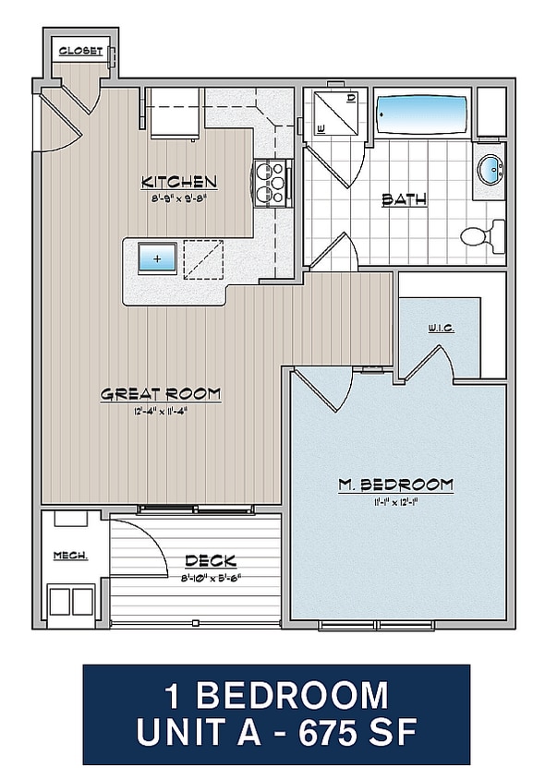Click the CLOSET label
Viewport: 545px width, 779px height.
point(80,51)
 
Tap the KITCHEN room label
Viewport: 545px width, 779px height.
point(178,182)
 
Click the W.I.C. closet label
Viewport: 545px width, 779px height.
point(441,329)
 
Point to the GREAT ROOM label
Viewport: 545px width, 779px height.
point(161,394)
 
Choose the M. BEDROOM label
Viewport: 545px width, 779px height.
point(394,485)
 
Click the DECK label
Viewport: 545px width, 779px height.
point(210,560)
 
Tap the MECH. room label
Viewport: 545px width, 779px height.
point(70,556)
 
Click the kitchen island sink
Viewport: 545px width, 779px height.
point(156,258)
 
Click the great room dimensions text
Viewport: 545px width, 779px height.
point(161,412)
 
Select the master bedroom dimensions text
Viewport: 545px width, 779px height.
point(394,502)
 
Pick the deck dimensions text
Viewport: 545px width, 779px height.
point(210,578)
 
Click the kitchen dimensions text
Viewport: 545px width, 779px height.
point(178,198)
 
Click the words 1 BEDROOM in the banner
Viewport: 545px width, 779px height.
point(276,694)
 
